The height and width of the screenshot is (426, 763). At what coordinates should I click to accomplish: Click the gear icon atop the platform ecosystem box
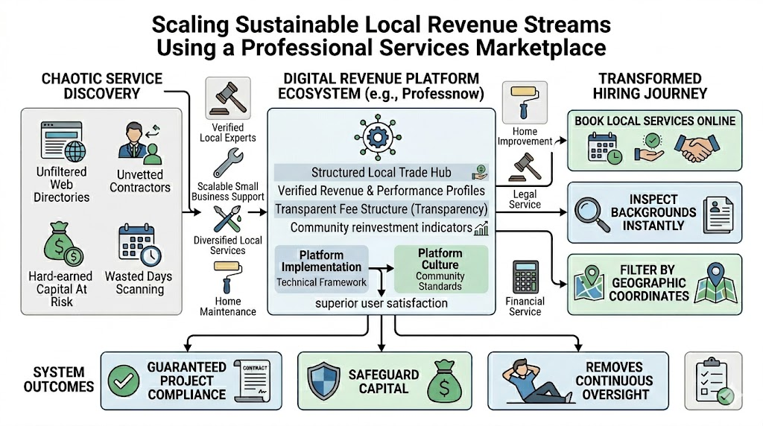(378, 137)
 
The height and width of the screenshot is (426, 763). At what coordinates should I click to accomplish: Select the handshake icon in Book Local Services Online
(697, 148)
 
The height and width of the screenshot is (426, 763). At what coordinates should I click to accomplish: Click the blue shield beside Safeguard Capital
(323, 381)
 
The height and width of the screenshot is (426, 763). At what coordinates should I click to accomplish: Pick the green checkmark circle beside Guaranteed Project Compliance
(123, 381)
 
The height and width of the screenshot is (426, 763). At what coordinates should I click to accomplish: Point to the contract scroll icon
(252, 381)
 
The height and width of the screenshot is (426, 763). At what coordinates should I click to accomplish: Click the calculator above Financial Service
(525, 277)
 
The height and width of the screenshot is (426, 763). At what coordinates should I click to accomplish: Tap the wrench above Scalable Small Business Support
(228, 163)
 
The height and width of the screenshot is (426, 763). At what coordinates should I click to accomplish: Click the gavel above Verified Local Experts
(228, 98)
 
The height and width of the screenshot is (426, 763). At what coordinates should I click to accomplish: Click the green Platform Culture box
(441, 269)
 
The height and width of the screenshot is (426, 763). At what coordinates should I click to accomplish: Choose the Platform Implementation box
(322, 269)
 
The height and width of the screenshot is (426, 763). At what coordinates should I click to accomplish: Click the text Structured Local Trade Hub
(381, 173)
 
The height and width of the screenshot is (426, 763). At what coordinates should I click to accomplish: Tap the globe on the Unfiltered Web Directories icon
(75, 151)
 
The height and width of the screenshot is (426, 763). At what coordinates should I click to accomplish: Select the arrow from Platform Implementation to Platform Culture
(381, 268)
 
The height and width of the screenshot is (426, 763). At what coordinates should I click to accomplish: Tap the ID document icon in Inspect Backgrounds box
(718, 215)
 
